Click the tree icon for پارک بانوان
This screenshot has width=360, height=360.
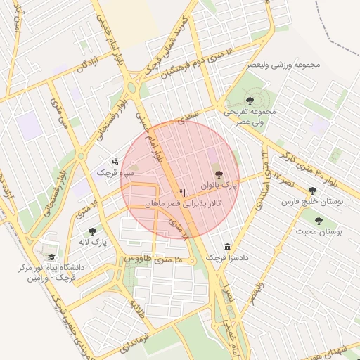coord(218,174)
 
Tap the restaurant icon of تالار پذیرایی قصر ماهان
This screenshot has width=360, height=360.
coord(183,192)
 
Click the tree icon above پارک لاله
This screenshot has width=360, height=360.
coord(92,231)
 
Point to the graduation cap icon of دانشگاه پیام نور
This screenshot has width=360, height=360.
coord(51,257)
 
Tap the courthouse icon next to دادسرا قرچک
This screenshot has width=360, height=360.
coord(226,247)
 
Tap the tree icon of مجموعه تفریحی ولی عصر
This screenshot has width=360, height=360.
coord(251,100)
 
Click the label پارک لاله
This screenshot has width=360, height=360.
coord(92,243)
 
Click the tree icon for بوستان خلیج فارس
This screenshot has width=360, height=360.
coord(312,191)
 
